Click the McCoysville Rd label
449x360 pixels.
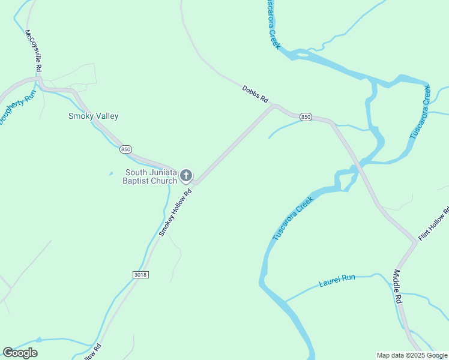click(x=33, y=52)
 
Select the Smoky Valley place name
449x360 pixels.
click(x=93, y=116)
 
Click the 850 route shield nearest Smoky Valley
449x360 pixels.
click(x=125, y=149)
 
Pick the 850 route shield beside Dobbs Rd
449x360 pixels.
click(x=306, y=117)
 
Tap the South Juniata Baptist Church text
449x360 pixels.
click(x=150, y=176)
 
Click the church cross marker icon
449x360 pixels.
click(x=186, y=176)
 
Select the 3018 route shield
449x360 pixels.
click(x=140, y=274)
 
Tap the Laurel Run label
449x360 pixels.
click(x=337, y=280)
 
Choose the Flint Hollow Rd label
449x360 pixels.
click(x=434, y=224)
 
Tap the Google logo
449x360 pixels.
click(x=20, y=353)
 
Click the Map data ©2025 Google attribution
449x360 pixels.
click(x=412, y=355)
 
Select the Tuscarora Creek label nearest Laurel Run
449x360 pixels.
click(x=294, y=218)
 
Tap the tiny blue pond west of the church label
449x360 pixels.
click(x=111, y=174)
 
